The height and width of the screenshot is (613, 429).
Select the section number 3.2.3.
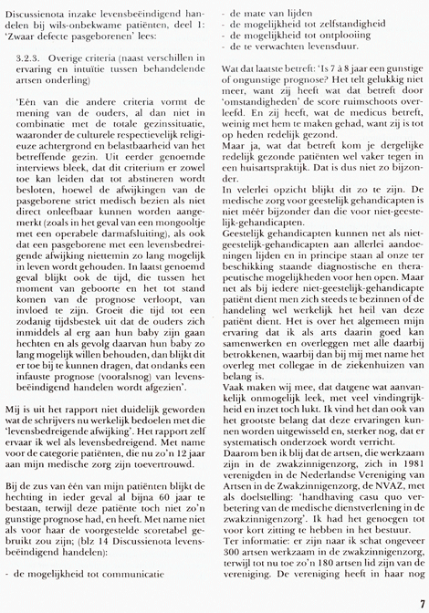pos(30,55)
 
